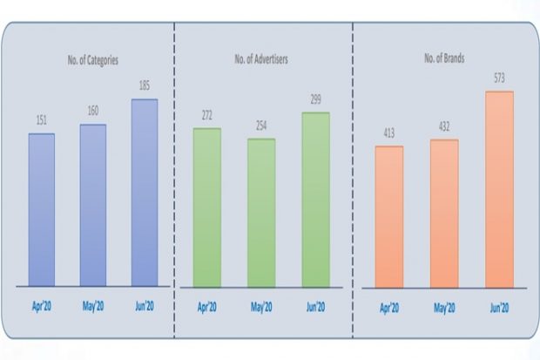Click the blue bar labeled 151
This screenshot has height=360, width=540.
pos(41,209)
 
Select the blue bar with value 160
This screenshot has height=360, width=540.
pos(92,205)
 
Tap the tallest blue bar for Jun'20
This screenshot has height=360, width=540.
pos(145,192)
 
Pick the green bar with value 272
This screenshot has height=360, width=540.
pos(206,207)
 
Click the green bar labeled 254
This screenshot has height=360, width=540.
pos(260,212)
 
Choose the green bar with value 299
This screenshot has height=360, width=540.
pos(315,199)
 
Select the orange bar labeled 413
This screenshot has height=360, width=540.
pos(388,216)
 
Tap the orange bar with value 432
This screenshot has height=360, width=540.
pos(443,213)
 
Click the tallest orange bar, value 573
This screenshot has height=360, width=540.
pos(498,188)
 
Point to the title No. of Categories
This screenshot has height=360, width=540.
pos(93,60)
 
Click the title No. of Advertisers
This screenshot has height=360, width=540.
pos(261,60)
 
